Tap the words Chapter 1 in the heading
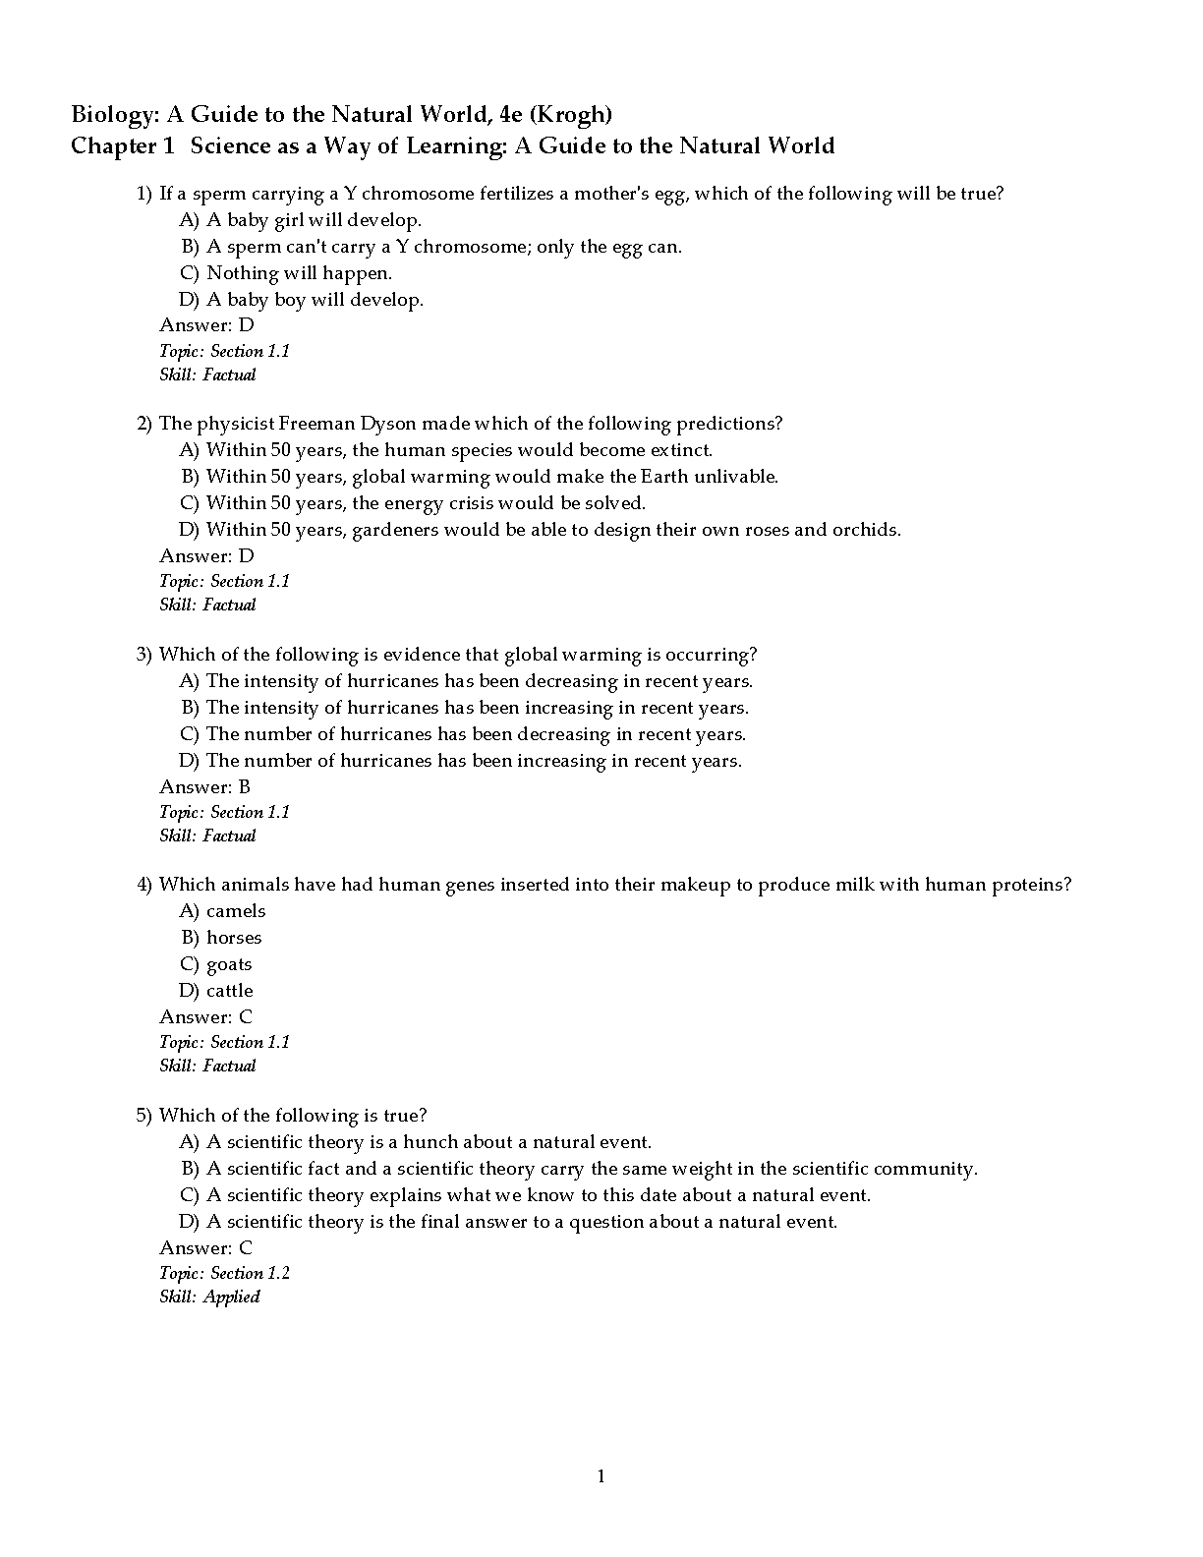122,146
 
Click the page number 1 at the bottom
601,1476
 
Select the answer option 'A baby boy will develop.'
315,300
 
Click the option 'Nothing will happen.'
299,273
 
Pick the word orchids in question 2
865,530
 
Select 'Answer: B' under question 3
204,786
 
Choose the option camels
236,911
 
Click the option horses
234,938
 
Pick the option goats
229,964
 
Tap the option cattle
230,991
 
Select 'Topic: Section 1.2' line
224,1273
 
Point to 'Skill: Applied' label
209,1297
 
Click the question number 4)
144,885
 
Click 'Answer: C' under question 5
205,1248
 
